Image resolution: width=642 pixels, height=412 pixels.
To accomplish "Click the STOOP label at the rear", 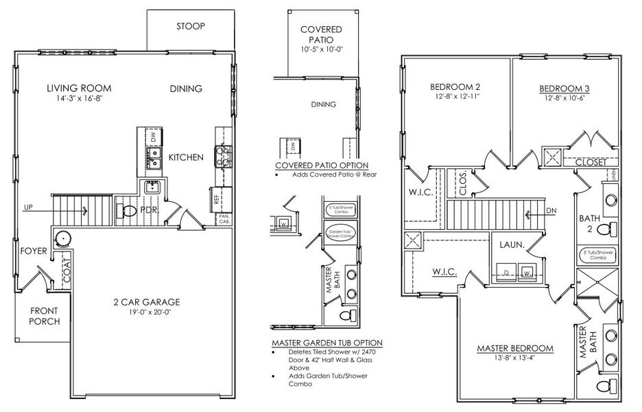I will click(x=191, y=26).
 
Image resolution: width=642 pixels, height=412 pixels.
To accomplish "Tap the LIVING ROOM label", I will click(x=79, y=89).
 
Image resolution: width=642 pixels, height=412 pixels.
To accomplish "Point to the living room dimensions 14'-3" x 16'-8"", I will click(x=79, y=100).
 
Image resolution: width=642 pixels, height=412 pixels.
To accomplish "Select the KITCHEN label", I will click(x=186, y=157).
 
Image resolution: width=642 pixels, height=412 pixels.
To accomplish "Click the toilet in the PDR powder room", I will click(x=128, y=211).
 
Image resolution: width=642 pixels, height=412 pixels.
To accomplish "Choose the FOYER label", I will click(x=32, y=251).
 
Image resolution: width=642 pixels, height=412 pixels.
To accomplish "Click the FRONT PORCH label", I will click(x=45, y=316).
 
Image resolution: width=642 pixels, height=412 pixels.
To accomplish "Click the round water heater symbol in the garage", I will click(x=64, y=239).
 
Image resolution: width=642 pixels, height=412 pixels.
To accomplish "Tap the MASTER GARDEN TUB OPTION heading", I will click(x=326, y=343).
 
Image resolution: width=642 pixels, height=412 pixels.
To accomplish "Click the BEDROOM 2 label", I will click(x=454, y=87).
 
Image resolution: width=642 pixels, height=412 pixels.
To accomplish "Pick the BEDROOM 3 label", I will click(x=564, y=88).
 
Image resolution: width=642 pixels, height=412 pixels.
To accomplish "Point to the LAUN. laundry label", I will click(x=512, y=244).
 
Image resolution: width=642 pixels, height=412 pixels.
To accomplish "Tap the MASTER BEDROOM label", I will click(x=515, y=348).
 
